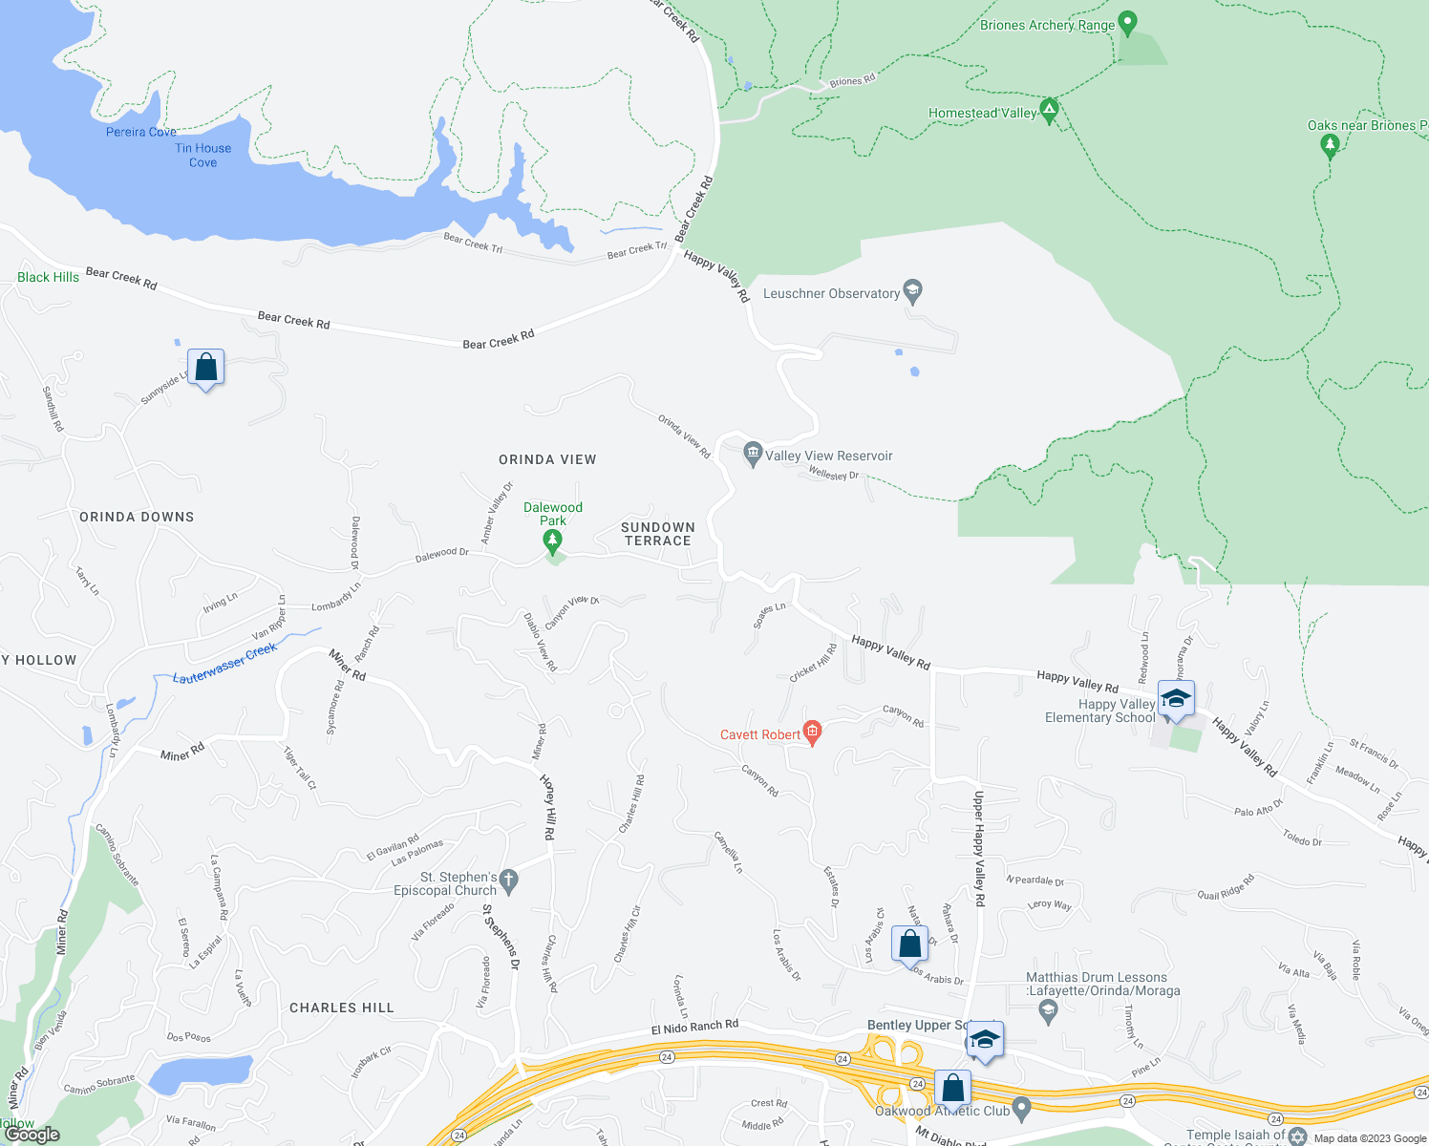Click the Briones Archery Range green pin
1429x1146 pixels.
[1127, 23]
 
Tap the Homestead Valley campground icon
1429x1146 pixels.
[1049, 112]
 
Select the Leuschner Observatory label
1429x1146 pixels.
[831, 293]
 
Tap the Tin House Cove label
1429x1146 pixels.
[203, 156]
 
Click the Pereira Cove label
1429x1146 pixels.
[141, 132]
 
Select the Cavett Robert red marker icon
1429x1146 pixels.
[812, 733]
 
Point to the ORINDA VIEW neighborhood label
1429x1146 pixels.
[547, 459]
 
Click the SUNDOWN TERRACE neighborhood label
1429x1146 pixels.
[657, 534]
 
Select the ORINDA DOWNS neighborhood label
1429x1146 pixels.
[137, 517]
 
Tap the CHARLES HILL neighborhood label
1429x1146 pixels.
[341, 1008]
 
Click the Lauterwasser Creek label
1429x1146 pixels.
[224, 663]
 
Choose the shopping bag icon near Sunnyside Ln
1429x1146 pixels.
[205, 367]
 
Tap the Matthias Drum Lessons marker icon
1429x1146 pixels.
[1048, 1011]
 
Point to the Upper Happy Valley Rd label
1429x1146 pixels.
[978, 841]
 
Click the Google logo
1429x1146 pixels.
[32, 1135]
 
